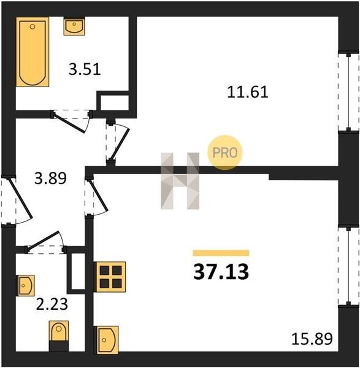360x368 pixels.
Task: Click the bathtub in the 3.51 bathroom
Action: (33, 52)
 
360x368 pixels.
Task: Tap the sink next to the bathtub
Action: (74, 26)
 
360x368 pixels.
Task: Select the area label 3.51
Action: (85, 69)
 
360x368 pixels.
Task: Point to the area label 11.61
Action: (248, 92)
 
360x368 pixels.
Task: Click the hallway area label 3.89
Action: (50, 178)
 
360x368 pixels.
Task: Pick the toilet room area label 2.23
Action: (52, 304)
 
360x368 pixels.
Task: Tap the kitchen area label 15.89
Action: (312, 339)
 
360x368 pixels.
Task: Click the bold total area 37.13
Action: (221, 272)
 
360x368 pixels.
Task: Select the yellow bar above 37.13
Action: (221, 253)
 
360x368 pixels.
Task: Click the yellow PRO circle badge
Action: (224, 153)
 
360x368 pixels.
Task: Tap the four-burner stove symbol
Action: (110, 277)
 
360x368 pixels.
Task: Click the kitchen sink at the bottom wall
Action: (106, 340)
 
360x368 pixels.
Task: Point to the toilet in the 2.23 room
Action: (59, 336)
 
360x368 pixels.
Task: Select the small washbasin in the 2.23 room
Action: (25, 286)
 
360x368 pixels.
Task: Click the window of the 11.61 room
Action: (349, 92)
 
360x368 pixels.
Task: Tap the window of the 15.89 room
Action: (349, 266)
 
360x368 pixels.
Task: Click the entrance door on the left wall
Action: (20, 198)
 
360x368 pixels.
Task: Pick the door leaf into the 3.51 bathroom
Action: (69, 123)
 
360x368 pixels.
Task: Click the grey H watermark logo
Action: (180, 181)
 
